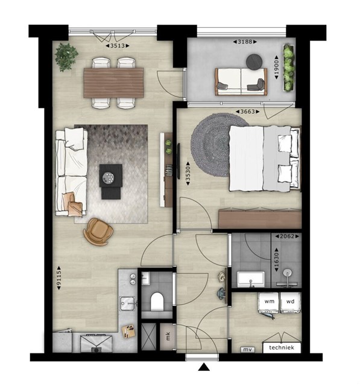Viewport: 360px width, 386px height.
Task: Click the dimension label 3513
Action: [x=118, y=46]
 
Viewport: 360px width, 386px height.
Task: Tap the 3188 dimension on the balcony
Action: [x=245, y=42]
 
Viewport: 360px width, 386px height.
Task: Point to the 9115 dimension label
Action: [x=59, y=277]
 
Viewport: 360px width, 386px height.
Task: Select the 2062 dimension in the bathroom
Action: [x=287, y=236]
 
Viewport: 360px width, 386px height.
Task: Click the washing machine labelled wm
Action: [x=269, y=302]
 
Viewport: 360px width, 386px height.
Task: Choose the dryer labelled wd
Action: [x=291, y=302]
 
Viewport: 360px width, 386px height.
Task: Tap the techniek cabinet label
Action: [x=282, y=347]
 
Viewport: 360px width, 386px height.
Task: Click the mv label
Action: [x=247, y=350]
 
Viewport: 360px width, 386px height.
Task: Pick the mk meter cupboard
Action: [x=168, y=337]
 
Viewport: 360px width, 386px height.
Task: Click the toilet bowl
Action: [x=157, y=301]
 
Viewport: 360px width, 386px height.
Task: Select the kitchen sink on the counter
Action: [x=127, y=303]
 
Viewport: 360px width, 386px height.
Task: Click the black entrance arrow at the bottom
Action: [x=204, y=367]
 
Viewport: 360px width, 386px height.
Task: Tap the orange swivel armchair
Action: [x=98, y=232]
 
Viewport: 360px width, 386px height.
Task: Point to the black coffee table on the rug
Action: [x=111, y=181]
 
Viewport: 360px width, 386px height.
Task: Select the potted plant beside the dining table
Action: [x=66, y=57]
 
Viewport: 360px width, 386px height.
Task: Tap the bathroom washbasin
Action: [x=251, y=279]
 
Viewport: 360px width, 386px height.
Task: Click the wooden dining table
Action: [x=113, y=83]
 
